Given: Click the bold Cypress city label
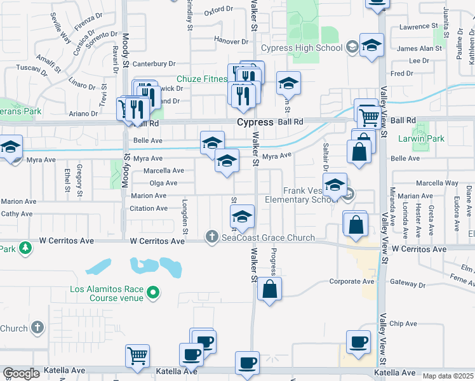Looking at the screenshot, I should (255, 122).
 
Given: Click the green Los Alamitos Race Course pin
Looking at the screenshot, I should (152, 293).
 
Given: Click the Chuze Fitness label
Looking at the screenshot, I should (204, 79).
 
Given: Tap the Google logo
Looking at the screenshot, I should (21, 373).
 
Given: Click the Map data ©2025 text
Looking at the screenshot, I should (448, 376).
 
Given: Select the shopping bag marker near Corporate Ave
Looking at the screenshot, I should (270, 289).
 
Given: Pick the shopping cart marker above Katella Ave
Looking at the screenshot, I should (137, 356).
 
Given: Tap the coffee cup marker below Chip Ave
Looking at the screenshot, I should (358, 342).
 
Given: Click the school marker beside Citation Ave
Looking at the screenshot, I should (242, 217).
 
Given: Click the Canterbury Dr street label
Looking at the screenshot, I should (156, 63).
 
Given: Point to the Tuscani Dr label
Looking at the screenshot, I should (29, 67).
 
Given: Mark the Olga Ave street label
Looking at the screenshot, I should (163, 183).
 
